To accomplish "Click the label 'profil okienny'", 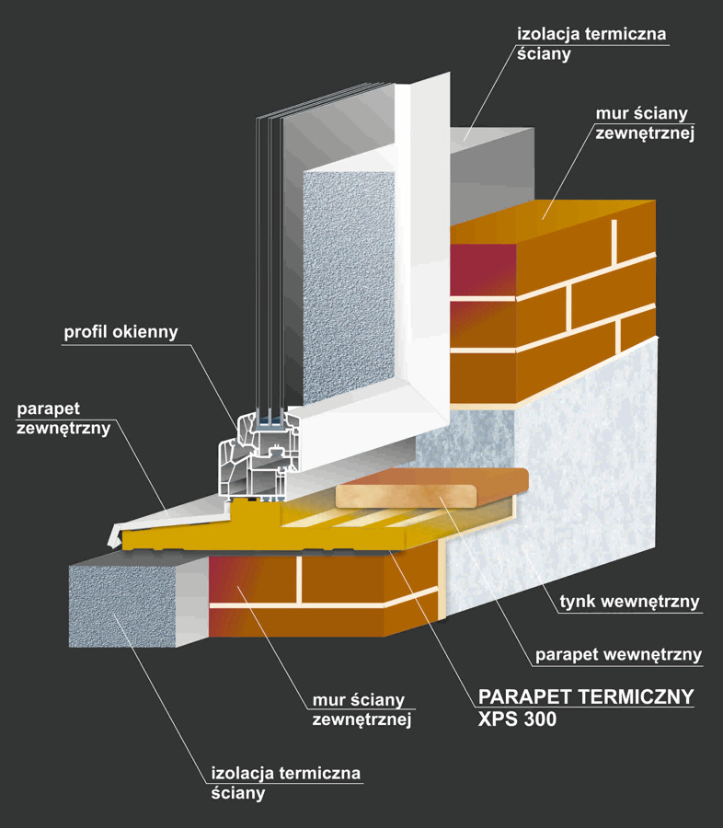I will click(x=120, y=331).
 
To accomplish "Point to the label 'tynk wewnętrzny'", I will click(x=630, y=604).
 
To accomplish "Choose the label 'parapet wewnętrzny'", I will click(x=618, y=656).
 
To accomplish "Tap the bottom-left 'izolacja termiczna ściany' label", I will click(x=285, y=782).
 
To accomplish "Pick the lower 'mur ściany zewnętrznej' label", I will click(x=359, y=710).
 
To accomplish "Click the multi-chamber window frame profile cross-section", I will click(x=253, y=455).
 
